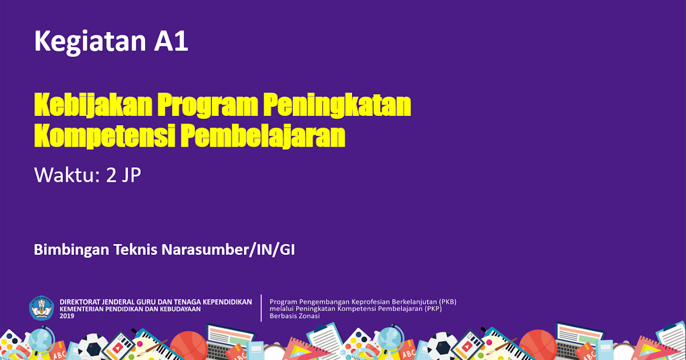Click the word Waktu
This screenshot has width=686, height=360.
tap(66, 175)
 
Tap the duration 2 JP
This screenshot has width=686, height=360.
tap(123, 175)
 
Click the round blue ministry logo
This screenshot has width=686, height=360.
tap(41, 308)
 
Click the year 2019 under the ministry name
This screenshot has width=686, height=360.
tap(67, 316)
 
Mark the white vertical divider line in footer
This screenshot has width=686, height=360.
tap(261, 308)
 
